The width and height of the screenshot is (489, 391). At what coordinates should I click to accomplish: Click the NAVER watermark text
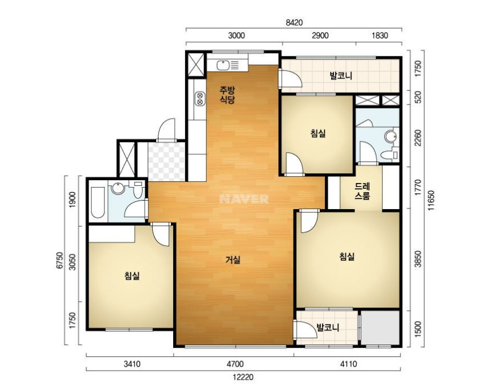244,199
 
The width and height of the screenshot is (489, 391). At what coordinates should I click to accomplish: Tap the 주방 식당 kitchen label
227,95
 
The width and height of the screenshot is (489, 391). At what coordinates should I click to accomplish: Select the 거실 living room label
233,260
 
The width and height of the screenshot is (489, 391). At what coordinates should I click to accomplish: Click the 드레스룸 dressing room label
362,192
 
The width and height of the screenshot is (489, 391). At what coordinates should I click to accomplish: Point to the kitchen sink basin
223,65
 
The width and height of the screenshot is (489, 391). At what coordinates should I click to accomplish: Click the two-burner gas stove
199,98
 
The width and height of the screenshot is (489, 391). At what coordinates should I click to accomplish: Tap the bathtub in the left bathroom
98,202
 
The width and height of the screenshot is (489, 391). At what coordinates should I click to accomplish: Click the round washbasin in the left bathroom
118,188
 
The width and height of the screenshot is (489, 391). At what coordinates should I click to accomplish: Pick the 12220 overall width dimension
243,377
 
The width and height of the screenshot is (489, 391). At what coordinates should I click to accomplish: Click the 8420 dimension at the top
294,23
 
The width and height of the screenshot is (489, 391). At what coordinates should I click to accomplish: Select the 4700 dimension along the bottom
235,364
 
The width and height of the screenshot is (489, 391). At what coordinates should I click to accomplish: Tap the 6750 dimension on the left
60,260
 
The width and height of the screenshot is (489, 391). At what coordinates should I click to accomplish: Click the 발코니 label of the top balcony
341,76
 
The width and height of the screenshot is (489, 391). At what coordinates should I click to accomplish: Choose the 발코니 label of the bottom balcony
328,327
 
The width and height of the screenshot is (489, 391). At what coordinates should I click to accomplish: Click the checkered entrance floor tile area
167,161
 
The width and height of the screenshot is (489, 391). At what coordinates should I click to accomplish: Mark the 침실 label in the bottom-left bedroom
132,276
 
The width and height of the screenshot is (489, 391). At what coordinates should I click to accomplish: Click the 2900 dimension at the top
320,35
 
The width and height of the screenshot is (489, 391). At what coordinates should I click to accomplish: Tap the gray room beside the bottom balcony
380,327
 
